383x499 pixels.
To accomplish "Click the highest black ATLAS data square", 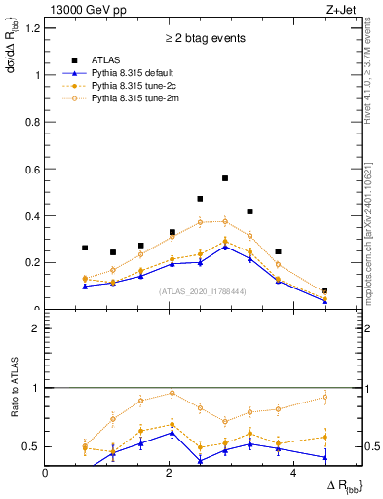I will pos(225,178).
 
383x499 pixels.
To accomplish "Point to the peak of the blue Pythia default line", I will pos(225,247).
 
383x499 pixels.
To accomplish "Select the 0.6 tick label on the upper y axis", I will pos(32,169).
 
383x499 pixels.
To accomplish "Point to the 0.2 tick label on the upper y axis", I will pos(32,262).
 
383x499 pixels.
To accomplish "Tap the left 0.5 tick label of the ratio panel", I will pos(32,446).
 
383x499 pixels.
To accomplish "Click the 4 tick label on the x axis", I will pos(292,474).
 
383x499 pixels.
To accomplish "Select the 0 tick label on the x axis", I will pos(46,474).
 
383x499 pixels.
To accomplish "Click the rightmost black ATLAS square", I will pos(325,291).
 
